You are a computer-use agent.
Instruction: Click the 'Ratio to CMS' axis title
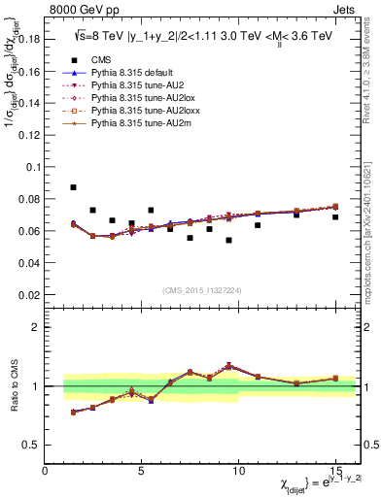[x=12, y=387]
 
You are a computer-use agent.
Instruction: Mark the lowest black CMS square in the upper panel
[x=228, y=240]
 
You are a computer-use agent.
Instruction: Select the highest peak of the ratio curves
[x=228, y=366]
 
